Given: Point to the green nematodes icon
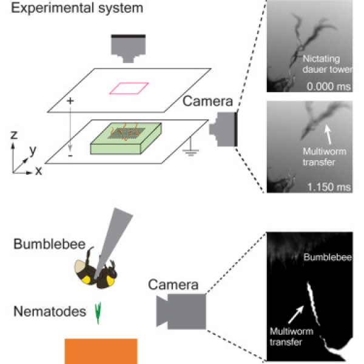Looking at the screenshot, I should point(99,312).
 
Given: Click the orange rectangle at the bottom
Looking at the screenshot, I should point(101,349).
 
